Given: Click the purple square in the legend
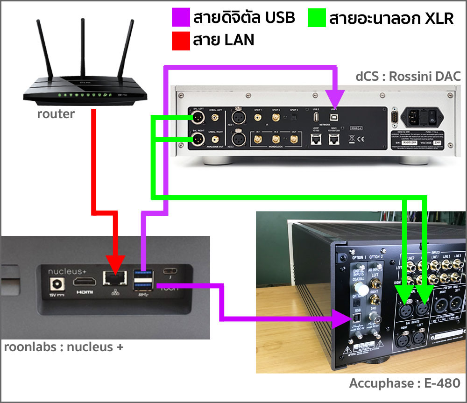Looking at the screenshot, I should click(181, 18).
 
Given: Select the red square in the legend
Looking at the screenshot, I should click(181, 40).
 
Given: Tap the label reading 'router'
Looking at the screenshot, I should click(56, 113).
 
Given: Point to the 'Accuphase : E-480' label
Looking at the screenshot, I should click(404, 383).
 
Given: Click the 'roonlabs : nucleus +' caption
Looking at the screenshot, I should click(64, 347).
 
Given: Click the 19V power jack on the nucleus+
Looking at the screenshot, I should click(59, 283).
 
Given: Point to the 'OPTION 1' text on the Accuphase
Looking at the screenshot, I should click(358, 257).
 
